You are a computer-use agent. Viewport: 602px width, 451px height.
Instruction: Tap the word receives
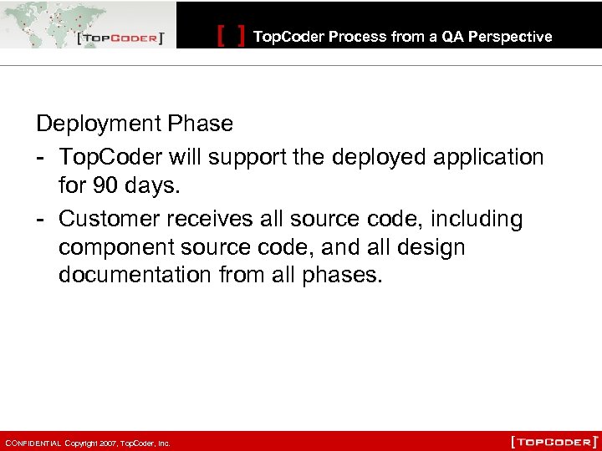coord(209,219)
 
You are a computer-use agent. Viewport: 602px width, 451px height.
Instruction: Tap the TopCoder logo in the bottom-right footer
coord(554,441)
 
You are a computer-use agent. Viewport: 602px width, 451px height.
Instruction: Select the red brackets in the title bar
coord(231,36)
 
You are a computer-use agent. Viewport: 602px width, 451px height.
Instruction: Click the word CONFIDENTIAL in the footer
coord(32,443)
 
